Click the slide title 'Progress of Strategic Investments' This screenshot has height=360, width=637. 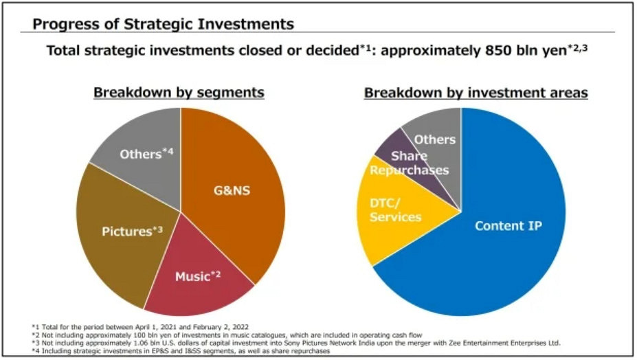click(x=164, y=25)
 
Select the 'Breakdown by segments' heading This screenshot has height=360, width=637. click(x=179, y=92)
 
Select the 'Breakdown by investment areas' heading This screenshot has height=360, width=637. click(x=476, y=92)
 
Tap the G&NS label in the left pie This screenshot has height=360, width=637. click(x=230, y=190)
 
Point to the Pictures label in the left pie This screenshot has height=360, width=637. click(x=132, y=231)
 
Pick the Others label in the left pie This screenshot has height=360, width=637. click(x=146, y=154)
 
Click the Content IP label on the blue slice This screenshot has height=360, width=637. click(x=509, y=225)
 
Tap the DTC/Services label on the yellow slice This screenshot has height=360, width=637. click(x=395, y=209)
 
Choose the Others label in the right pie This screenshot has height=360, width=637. click(x=434, y=139)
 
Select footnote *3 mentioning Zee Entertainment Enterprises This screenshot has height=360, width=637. click(x=295, y=342)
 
